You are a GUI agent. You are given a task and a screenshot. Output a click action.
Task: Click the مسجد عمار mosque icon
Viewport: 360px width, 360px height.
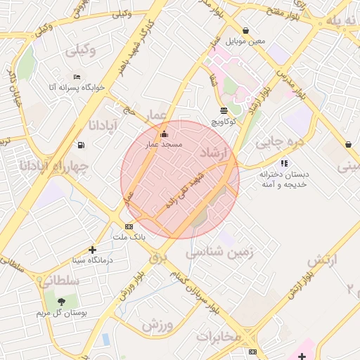click(x=165, y=134)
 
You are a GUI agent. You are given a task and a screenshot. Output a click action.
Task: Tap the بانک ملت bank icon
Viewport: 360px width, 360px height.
click(x=129, y=226)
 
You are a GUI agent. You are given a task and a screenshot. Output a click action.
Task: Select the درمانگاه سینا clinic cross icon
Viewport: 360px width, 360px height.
click(x=92, y=249)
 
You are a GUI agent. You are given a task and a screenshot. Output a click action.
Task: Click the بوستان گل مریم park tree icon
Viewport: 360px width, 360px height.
click(x=61, y=301)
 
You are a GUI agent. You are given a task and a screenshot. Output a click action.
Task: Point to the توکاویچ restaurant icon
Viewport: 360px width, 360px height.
click(x=224, y=110)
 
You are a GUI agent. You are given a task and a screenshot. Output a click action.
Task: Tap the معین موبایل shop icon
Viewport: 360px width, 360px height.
click(x=245, y=30)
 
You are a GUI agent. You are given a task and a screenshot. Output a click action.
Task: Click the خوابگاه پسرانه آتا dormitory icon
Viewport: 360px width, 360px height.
click(x=77, y=77)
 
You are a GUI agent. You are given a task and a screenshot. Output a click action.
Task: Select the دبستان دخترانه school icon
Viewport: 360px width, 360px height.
click(x=284, y=162)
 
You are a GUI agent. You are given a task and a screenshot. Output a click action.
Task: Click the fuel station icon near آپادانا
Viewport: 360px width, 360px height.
click(x=82, y=145)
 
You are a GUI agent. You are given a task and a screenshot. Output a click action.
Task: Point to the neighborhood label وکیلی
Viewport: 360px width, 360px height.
click(x=82, y=51)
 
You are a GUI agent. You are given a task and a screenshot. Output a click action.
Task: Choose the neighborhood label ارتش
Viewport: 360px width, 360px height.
click(x=323, y=259)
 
